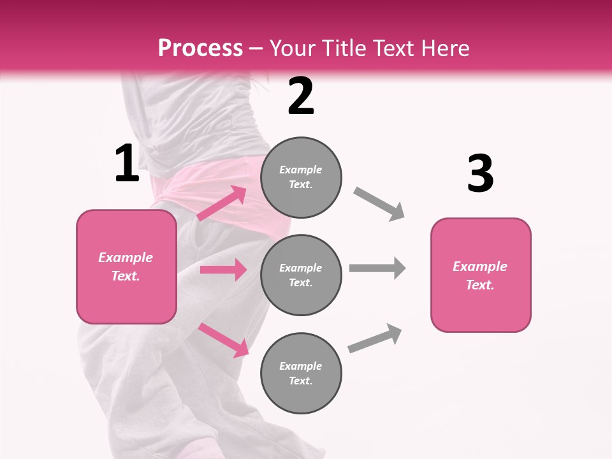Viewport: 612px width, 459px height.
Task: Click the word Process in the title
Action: click(200, 48)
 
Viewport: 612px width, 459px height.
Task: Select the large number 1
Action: click(127, 164)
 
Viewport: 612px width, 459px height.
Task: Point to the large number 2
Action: click(301, 96)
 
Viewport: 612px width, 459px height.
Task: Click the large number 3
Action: click(480, 173)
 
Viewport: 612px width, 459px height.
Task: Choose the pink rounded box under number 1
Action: click(126, 266)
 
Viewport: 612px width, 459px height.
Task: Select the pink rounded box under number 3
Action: click(481, 275)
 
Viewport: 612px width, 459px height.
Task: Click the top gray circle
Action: click(301, 177)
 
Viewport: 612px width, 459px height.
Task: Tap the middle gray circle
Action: click(301, 275)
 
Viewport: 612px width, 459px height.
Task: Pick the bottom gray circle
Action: click(301, 374)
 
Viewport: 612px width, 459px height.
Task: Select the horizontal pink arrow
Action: click(223, 270)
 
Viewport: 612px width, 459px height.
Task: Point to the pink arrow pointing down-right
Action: click(224, 340)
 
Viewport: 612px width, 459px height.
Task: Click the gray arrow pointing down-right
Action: click(379, 204)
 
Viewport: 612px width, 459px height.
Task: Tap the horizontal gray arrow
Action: click(377, 268)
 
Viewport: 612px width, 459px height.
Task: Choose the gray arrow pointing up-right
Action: click(375, 339)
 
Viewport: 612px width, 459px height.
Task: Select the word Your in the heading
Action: click(290, 48)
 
